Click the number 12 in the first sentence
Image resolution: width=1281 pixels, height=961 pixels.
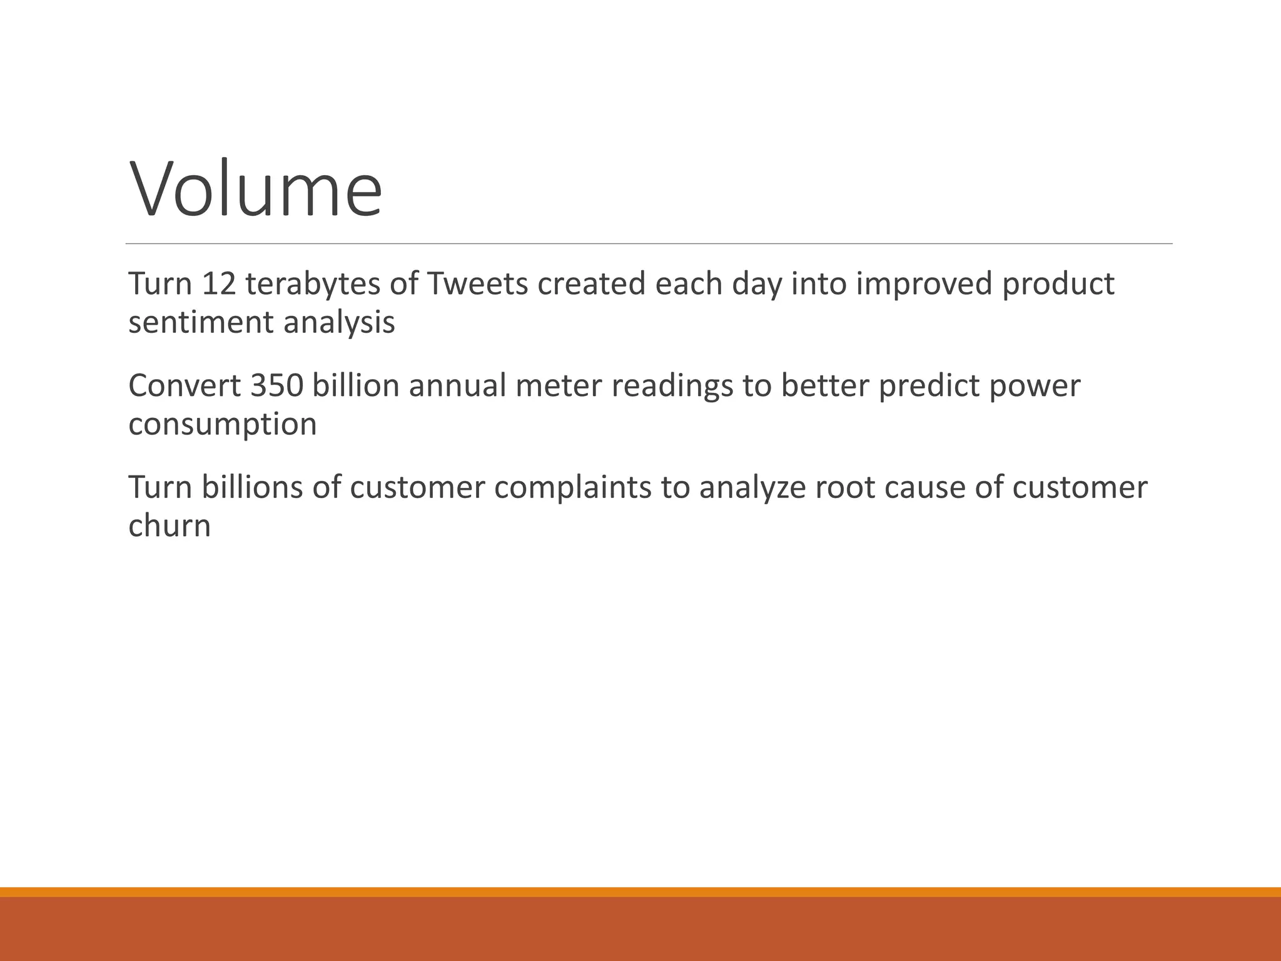point(218,284)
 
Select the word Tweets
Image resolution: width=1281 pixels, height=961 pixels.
point(478,284)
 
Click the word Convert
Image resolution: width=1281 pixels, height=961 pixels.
point(185,386)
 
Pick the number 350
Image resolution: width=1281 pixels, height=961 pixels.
point(276,386)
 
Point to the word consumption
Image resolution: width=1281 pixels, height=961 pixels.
point(223,425)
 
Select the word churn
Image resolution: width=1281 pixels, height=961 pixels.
point(170,526)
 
